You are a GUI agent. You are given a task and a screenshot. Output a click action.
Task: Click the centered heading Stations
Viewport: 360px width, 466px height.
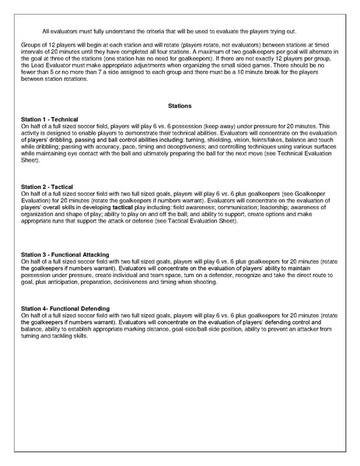click(x=180, y=104)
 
